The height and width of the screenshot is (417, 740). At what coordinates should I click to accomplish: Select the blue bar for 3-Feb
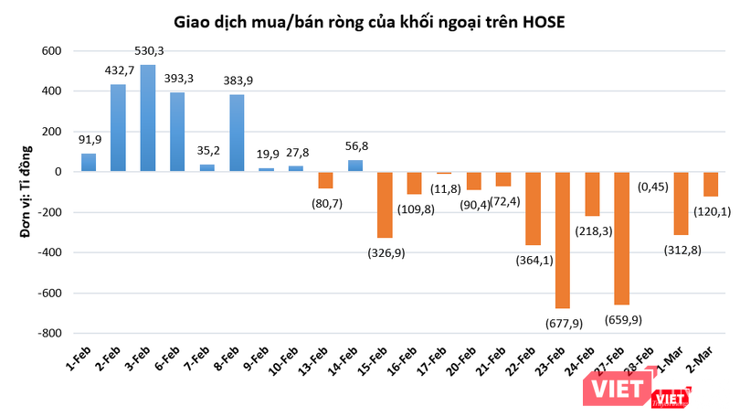pyautogui.click(x=148, y=118)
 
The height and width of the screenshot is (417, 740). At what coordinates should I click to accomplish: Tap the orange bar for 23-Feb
pyautogui.click(x=564, y=240)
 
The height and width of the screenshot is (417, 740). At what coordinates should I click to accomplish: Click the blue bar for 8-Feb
pyautogui.click(x=237, y=133)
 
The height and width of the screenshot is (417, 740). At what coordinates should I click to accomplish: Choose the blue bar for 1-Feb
pyautogui.click(x=89, y=163)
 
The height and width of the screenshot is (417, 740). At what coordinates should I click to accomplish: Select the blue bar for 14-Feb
pyautogui.click(x=355, y=166)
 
